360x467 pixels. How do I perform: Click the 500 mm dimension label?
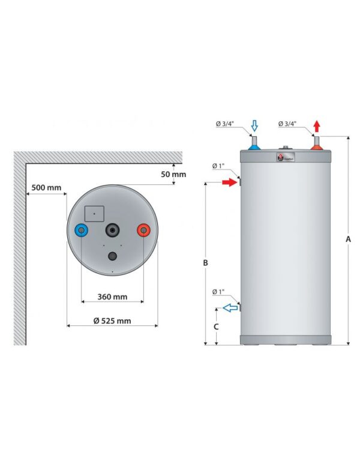coord(46,188)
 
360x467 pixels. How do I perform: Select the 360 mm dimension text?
coord(112,297)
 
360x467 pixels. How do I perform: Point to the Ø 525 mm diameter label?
coord(112,321)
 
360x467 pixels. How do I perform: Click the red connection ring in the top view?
coord(143,231)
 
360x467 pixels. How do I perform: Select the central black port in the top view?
coord(113,231)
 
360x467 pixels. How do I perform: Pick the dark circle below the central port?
coord(113,256)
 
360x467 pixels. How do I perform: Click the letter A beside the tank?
coord(347,240)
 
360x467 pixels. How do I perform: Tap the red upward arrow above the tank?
coord(316,126)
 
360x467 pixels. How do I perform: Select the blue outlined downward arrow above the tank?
coord(254,125)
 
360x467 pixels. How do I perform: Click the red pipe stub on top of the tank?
coord(316,145)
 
